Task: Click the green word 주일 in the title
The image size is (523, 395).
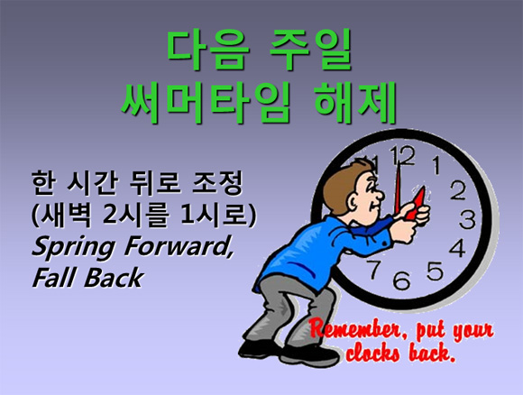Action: click(x=311, y=49)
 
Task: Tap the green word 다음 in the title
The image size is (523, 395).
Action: click(x=208, y=49)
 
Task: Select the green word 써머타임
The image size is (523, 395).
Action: click(x=205, y=102)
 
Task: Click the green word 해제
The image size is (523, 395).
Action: click(x=355, y=102)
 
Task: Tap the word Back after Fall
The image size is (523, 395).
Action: click(x=114, y=277)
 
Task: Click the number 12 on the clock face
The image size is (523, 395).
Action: click(x=403, y=156)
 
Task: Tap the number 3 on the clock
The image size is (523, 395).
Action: click(x=467, y=220)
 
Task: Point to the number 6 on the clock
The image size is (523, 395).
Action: click(x=401, y=280)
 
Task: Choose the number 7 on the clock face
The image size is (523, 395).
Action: click(x=374, y=269)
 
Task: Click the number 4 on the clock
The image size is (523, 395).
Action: click(x=458, y=247)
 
